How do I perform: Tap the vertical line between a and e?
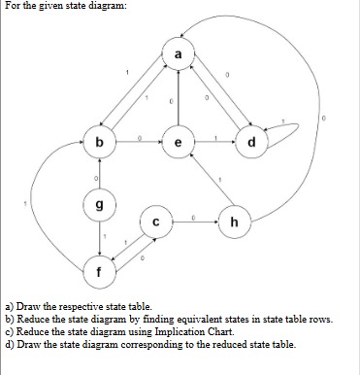click(x=178, y=97)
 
